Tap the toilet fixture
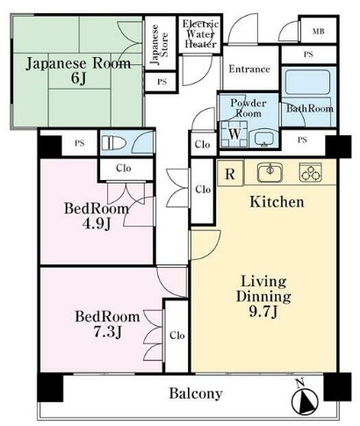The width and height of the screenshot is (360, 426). (x=113, y=143)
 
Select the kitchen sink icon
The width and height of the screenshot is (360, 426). (x=270, y=172)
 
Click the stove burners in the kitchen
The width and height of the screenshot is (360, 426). (x=311, y=172)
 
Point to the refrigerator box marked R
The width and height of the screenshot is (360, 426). (x=230, y=174)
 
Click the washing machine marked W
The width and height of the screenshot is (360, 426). (x=234, y=134)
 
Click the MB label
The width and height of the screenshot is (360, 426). (x=319, y=31)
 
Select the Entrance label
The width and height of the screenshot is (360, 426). (x=249, y=69)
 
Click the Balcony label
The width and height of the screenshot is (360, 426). (x=196, y=394)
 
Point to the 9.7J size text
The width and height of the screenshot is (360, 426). (x=263, y=312)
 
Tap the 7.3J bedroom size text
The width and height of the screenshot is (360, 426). (x=107, y=332)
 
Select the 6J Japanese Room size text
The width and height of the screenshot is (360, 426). (x=78, y=78)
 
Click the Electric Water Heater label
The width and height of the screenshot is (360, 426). (x=201, y=34)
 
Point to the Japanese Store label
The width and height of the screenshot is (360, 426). (x=160, y=45)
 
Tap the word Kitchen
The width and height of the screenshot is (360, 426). (x=277, y=202)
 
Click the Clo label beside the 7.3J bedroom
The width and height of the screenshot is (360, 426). (x=177, y=336)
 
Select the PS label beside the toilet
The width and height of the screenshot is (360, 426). (x=79, y=143)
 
